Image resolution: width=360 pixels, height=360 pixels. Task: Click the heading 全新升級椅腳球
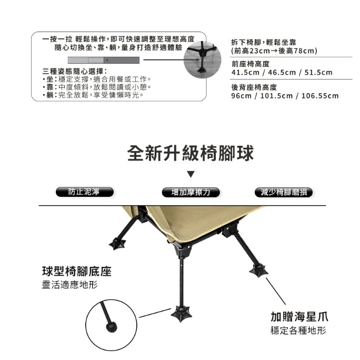pyautogui.click(x=191, y=154)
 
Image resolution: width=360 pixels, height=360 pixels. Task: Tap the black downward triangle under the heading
pyautogui.click(x=191, y=174)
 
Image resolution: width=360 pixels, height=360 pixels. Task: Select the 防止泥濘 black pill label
pyautogui.click(x=84, y=192)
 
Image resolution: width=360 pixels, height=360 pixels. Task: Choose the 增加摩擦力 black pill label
pyautogui.click(x=191, y=192)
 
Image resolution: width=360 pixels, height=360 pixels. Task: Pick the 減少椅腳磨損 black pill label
pyautogui.click(x=284, y=192)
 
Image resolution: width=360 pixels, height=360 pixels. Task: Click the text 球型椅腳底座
pyautogui.click(x=77, y=272)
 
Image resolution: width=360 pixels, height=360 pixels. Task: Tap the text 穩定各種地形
pyautogui.click(x=298, y=331)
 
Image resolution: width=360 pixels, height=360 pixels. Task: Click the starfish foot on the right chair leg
pyautogui.click(x=258, y=271)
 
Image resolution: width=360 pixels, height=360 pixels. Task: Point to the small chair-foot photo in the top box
pyautogui.click(x=200, y=58)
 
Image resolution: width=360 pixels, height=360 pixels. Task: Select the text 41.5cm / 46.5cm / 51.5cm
pyautogui.click(x=282, y=73)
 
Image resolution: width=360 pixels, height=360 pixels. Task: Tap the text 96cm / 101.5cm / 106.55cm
pyautogui.click(x=285, y=96)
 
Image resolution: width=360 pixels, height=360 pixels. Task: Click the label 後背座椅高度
pyautogui.click(x=254, y=87)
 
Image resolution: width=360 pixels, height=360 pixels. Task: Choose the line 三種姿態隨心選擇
pyautogui.click(x=75, y=71)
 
